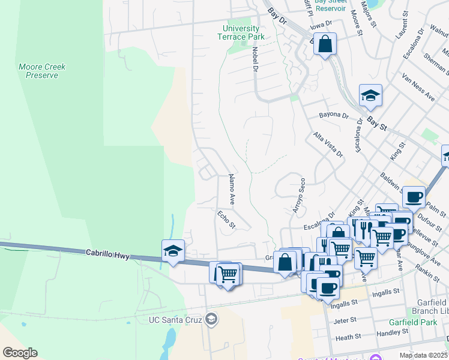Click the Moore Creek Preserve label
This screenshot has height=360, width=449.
point(42,71)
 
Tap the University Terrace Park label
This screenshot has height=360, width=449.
point(241,32)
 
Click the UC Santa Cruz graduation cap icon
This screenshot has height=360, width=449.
point(211,319)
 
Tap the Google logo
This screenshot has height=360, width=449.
point(20,353)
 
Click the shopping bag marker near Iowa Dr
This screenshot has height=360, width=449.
point(325,44)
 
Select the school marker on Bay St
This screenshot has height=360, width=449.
point(370,95)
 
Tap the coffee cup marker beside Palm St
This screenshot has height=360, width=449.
point(413,196)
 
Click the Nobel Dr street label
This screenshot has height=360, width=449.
point(255,60)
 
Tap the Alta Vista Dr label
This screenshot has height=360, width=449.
point(328,145)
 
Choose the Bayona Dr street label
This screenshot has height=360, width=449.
point(334,115)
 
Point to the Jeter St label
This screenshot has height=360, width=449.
point(345,321)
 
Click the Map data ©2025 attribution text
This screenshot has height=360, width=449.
point(423,355)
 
